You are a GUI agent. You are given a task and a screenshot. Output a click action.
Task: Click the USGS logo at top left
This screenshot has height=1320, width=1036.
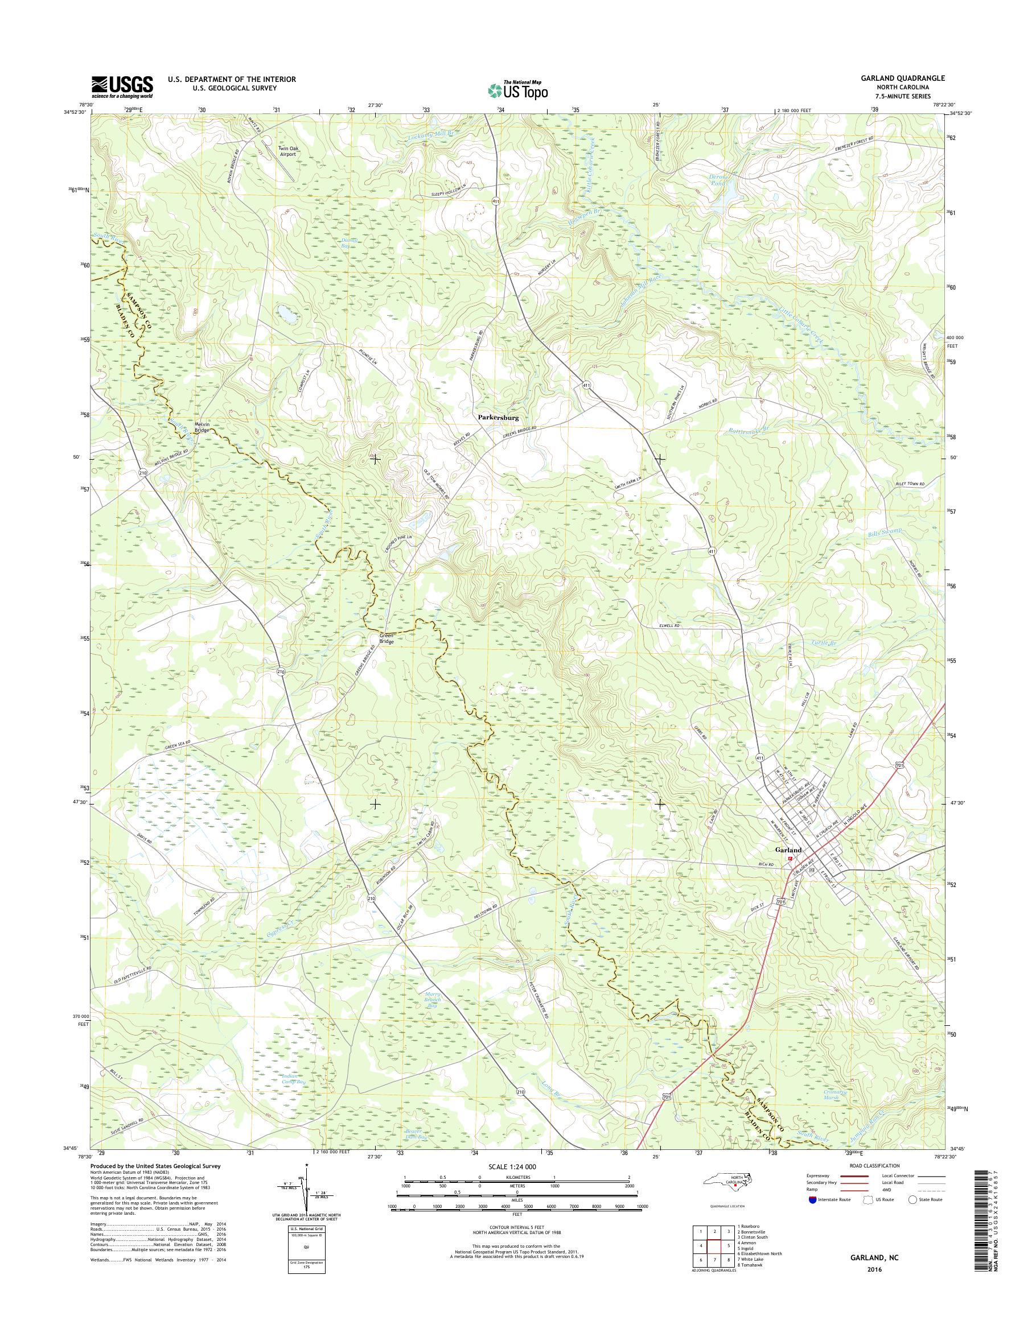pos(122,86)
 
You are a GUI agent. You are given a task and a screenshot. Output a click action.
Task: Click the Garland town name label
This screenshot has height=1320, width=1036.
pos(787,850)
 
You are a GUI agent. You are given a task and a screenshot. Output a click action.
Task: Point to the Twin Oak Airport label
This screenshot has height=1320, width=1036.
pos(287,151)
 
